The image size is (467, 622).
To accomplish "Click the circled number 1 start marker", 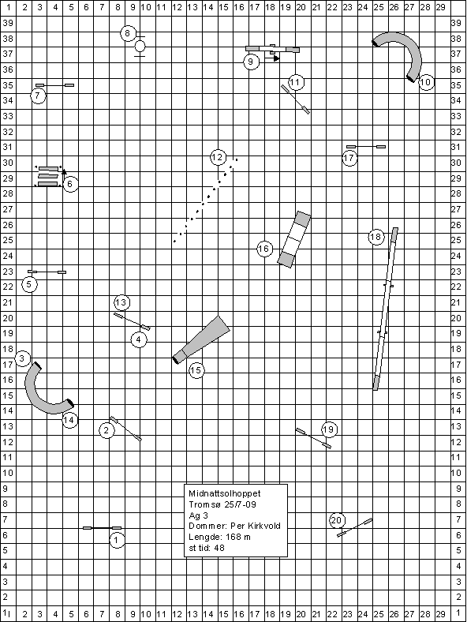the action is [x=117, y=540].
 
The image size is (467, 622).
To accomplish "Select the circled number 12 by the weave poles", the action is [x=218, y=158].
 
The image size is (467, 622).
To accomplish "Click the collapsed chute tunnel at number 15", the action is [x=201, y=339].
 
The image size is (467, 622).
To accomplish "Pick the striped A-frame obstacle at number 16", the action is [x=293, y=240].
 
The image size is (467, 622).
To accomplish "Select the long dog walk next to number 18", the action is [x=385, y=309].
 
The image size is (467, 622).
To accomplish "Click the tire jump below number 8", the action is [x=140, y=47].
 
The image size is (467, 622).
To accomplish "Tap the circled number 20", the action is [x=336, y=520].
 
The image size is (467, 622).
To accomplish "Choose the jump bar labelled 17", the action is [x=366, y=147].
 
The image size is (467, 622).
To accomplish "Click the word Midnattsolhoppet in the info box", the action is [x=225, y=493].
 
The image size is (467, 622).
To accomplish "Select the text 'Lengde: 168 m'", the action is [x=219, y=537].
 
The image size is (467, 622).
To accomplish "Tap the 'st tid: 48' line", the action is [x=207, y=548].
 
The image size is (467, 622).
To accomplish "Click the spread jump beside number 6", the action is [x=48, y=177].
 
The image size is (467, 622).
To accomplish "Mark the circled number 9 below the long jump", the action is [x=251, y=62].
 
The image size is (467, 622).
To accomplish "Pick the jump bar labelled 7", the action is [x=54, y=85].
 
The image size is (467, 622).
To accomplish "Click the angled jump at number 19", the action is [x=313, y=438].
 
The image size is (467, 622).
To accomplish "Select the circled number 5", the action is [x=29, y=284].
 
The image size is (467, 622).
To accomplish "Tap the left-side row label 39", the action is [x=8, y=23].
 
